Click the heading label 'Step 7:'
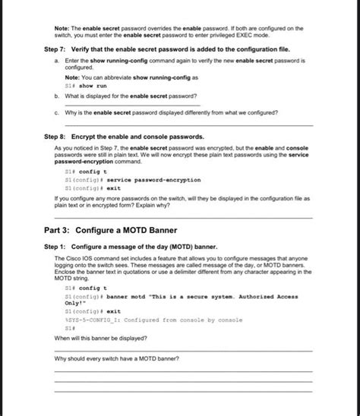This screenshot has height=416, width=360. click(58, 48)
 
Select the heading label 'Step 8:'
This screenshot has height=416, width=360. click(58, 136)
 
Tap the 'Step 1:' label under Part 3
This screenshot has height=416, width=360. click(58, 247)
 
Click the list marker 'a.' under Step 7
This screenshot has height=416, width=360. click(57, 59)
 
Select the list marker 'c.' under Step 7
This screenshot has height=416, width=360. click(57, 112)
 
